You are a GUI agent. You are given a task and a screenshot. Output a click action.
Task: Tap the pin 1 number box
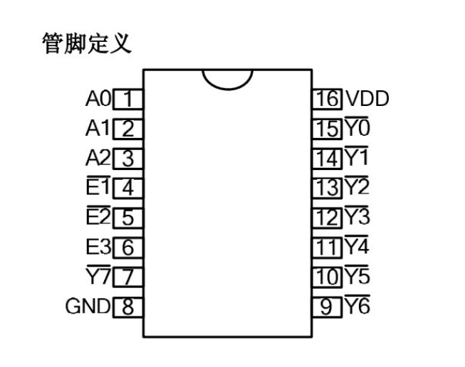128,99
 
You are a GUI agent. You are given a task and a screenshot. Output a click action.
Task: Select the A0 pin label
98,99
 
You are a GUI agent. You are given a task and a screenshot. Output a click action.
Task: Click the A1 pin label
98,129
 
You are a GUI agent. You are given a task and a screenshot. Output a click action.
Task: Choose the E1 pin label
98,188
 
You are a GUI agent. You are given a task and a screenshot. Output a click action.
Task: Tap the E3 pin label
98,247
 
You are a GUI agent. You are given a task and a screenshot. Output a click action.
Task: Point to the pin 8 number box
128,307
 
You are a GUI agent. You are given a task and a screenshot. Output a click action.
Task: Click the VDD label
367,99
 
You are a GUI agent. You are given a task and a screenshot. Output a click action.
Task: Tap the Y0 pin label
357,129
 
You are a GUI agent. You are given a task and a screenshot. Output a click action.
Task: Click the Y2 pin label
357,188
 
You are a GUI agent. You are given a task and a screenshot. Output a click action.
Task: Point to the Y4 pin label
357,247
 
